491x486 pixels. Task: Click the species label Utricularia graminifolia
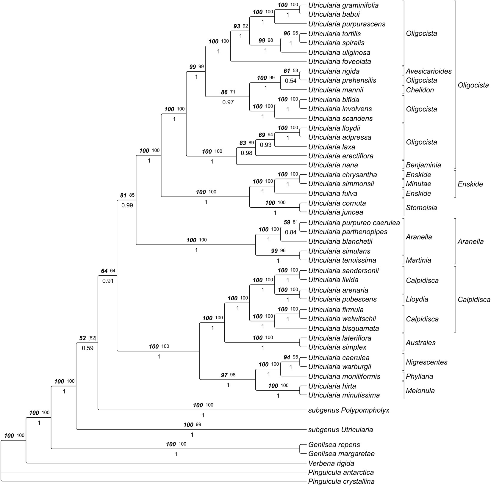[343, 5]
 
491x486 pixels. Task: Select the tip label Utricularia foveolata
[340, 61]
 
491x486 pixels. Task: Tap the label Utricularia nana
[333, 165]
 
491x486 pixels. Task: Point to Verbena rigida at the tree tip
[331, 463]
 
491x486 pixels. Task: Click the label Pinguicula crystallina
[341, 481]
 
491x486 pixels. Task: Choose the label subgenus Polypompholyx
[349, 410]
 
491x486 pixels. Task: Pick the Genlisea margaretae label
[341, 454]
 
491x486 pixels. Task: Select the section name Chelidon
[420, 90]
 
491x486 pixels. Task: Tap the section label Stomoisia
[421, 208]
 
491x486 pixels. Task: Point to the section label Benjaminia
[423, 165]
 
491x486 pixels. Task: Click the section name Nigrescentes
[427, 362]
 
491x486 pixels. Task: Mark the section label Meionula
[420, 391]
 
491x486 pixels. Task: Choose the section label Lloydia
[417, 299]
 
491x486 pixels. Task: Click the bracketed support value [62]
[92, 338]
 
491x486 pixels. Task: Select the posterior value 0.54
[290, 81]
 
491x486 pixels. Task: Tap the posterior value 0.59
[87, 348]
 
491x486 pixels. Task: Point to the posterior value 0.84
[290, 232]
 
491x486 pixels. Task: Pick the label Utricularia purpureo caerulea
[354, 223]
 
